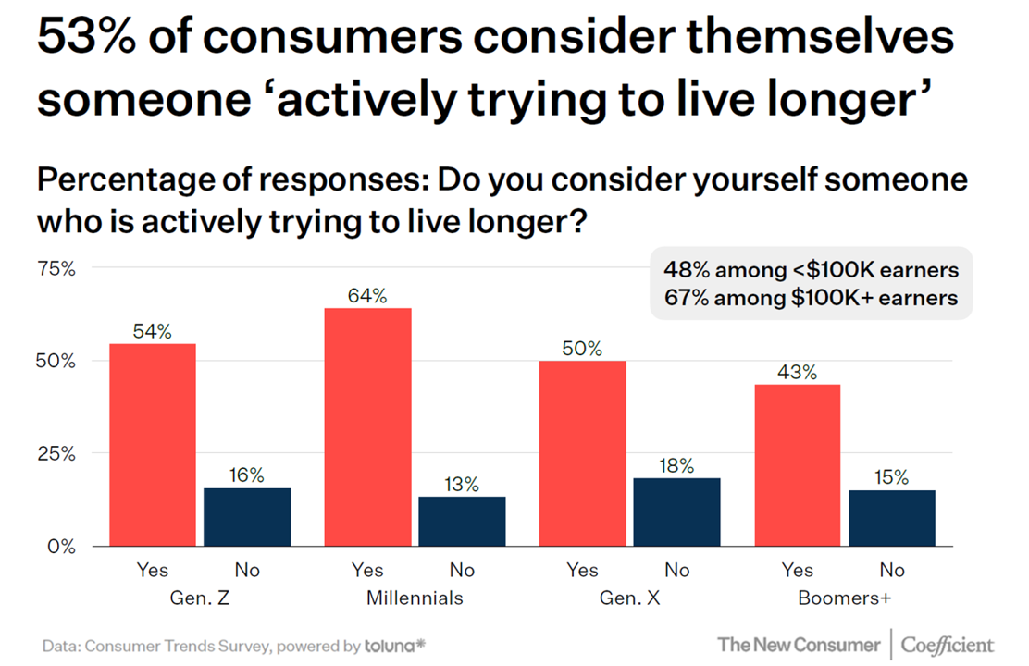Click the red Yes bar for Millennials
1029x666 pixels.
(x=367, y=426)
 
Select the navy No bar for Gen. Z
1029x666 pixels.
(x=247, y=516)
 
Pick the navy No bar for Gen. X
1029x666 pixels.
(x=676, y=512)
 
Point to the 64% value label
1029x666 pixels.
(x=367, y=296)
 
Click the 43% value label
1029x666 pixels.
(x=797, y=373)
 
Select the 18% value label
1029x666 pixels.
(x=676, y=466)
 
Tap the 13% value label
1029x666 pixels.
(x=462, y=484)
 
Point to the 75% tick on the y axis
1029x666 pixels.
(x=56, y=269)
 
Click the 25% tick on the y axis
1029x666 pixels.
(x=56, y=454)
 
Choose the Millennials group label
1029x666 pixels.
(x=415, y=598)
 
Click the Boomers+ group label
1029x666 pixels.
(x=844, y=598)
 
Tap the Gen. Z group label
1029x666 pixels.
(x=200, y=598)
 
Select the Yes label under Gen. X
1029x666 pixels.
(x=582, y=570)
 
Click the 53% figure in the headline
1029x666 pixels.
(x=91, y=42)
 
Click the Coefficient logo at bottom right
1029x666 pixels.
(x=948, y=645)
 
